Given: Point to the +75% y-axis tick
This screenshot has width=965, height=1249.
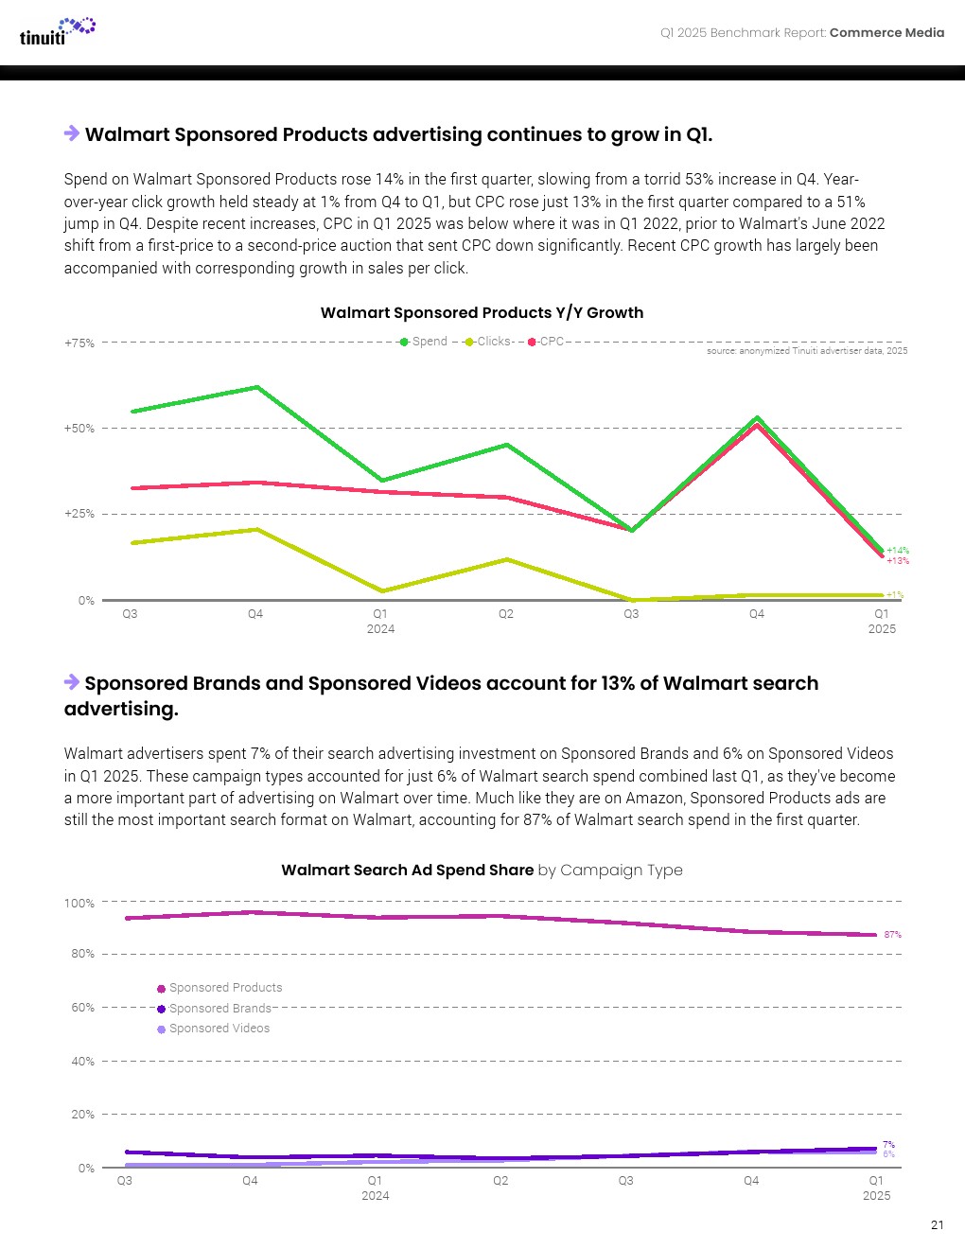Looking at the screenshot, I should (79, 343).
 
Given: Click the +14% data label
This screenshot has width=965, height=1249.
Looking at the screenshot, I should (897, 550).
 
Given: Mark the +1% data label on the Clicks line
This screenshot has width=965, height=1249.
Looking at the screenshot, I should (895, 595).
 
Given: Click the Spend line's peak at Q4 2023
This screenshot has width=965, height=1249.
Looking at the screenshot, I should (256, 387).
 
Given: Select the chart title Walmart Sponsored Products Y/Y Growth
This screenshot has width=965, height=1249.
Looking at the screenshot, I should (482, 312).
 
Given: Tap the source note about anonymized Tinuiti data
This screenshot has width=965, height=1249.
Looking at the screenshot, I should (806, 351).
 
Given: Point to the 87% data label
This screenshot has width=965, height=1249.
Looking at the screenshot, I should (892, 935).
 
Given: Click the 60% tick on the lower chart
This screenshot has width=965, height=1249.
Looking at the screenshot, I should (82, 1008).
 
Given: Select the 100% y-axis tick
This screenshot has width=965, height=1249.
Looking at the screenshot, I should (79, 904).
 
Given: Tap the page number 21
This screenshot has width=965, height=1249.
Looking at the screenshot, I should (937, 1225).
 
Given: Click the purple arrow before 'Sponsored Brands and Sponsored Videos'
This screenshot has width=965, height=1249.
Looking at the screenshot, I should (72, 682).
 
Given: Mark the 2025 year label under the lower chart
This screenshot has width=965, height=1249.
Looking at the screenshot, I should (876, 1196).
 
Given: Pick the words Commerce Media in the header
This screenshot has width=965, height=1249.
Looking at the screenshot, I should (886, 32).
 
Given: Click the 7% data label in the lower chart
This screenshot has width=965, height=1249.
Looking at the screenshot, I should (888, 1145).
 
